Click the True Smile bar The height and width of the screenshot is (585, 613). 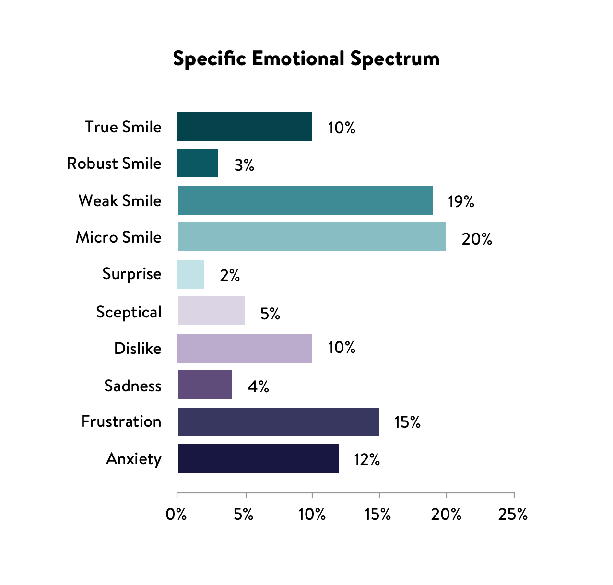(x=245, y=127)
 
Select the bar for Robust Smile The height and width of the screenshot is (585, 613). (x=198, y=163)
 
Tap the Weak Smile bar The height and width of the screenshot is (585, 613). (x=306, y=200)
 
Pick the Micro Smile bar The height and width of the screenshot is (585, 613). (x=312, y=237)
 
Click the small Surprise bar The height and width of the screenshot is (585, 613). (x=191, y=274)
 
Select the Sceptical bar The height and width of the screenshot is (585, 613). (x=212, y=311)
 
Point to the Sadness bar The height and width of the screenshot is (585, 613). (x=205, y=385)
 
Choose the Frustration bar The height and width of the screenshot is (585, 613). (x=279, y=422)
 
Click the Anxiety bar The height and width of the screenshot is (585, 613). (x=259, y=458)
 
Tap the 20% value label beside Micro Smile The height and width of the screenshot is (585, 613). (x=477, y=239)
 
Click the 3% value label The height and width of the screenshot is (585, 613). (x=244, y=165)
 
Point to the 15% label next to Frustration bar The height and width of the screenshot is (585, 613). (x=407, y=422)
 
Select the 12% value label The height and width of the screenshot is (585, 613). (x=367, y=460)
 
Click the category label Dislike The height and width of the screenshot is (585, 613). (x=138, y=349)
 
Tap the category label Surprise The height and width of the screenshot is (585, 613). (x=132, y=274)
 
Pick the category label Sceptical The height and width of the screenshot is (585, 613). (x=129, y=312)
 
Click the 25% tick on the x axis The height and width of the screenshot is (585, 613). (x=513, y=515)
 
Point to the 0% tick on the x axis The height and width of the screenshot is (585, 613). (x=176, y=515)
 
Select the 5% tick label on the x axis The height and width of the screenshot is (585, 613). (x=244, y=515)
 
